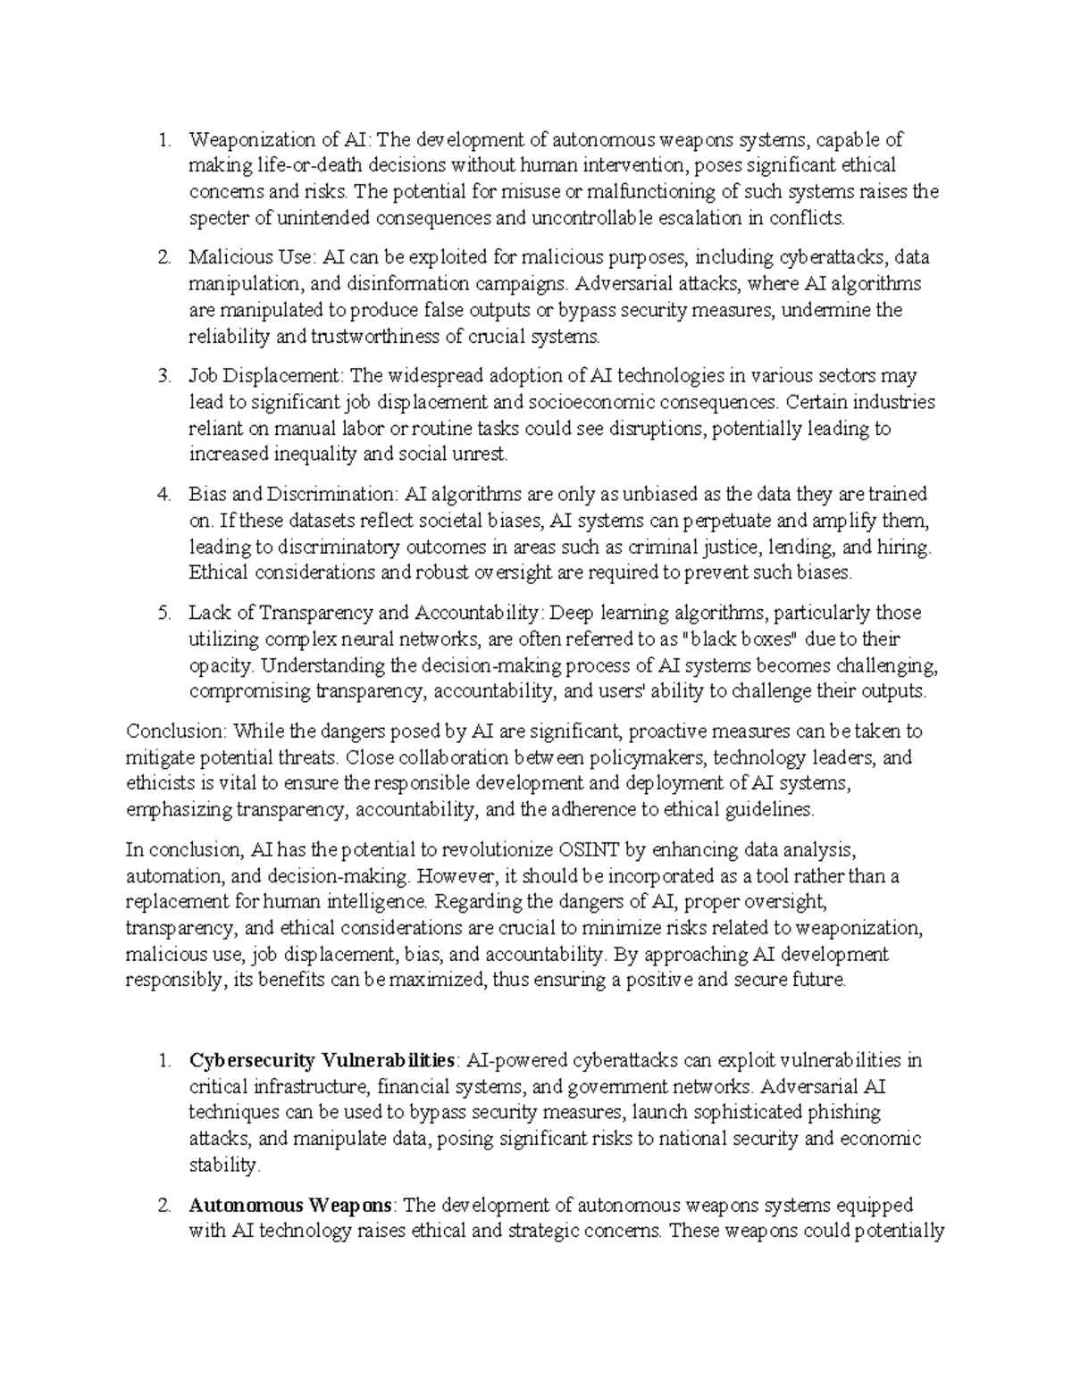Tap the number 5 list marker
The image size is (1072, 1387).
click(163, 614)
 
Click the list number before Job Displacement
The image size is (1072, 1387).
click(163, 376)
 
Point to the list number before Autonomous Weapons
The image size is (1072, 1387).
click(163, 1206)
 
